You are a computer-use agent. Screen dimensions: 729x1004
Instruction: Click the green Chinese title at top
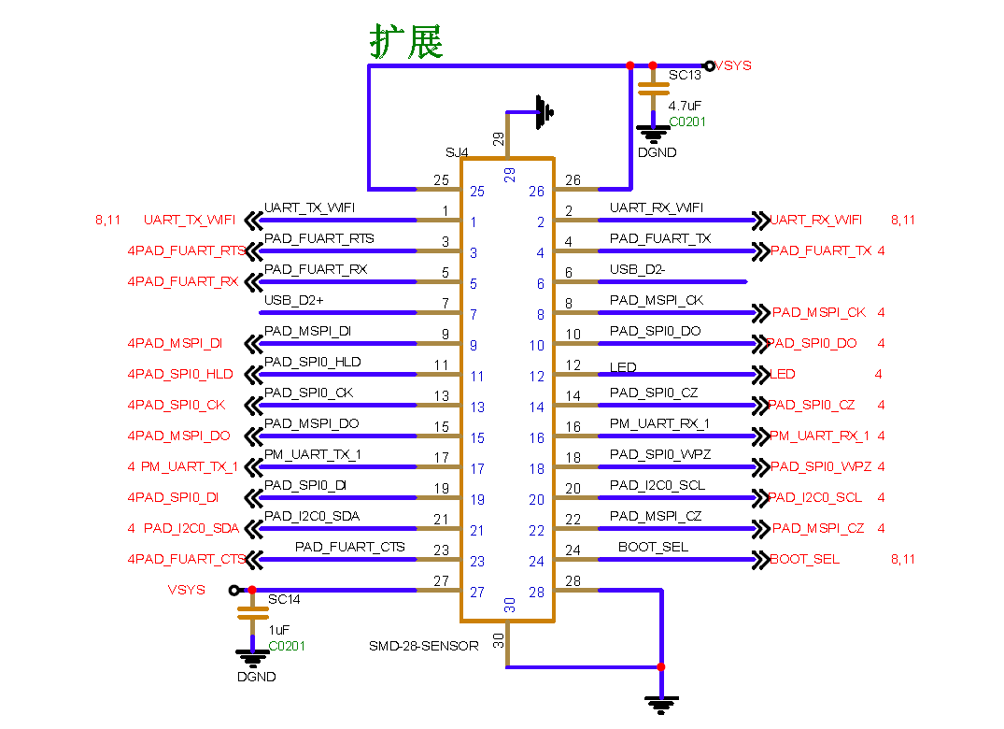pos(406,42)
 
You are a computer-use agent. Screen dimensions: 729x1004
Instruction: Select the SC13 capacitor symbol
pos(652,90)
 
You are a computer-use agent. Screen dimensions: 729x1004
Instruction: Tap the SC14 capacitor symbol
pos(251,612)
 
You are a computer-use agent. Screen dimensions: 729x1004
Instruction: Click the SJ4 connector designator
pos(457,151)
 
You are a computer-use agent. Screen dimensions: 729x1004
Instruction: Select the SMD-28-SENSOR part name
pos(424,646)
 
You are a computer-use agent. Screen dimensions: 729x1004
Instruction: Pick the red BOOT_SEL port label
pos(805,559)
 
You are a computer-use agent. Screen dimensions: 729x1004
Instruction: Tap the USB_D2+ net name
pos(293,300)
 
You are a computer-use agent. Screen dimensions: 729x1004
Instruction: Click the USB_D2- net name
pos(637,269)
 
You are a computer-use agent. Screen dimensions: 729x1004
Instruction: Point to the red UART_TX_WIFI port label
pos(190,221)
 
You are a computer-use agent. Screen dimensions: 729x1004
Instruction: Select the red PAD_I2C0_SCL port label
pos(816,497)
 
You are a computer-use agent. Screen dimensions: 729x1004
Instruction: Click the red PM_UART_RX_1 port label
pos(819,436)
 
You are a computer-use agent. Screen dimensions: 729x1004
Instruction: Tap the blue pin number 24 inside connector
pos(536,562)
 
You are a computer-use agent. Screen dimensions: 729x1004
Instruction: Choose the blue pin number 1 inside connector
pos(474,222)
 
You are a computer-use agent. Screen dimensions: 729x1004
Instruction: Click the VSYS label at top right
pos(734,65)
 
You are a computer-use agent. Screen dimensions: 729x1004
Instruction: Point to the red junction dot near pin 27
pos(252,590)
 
